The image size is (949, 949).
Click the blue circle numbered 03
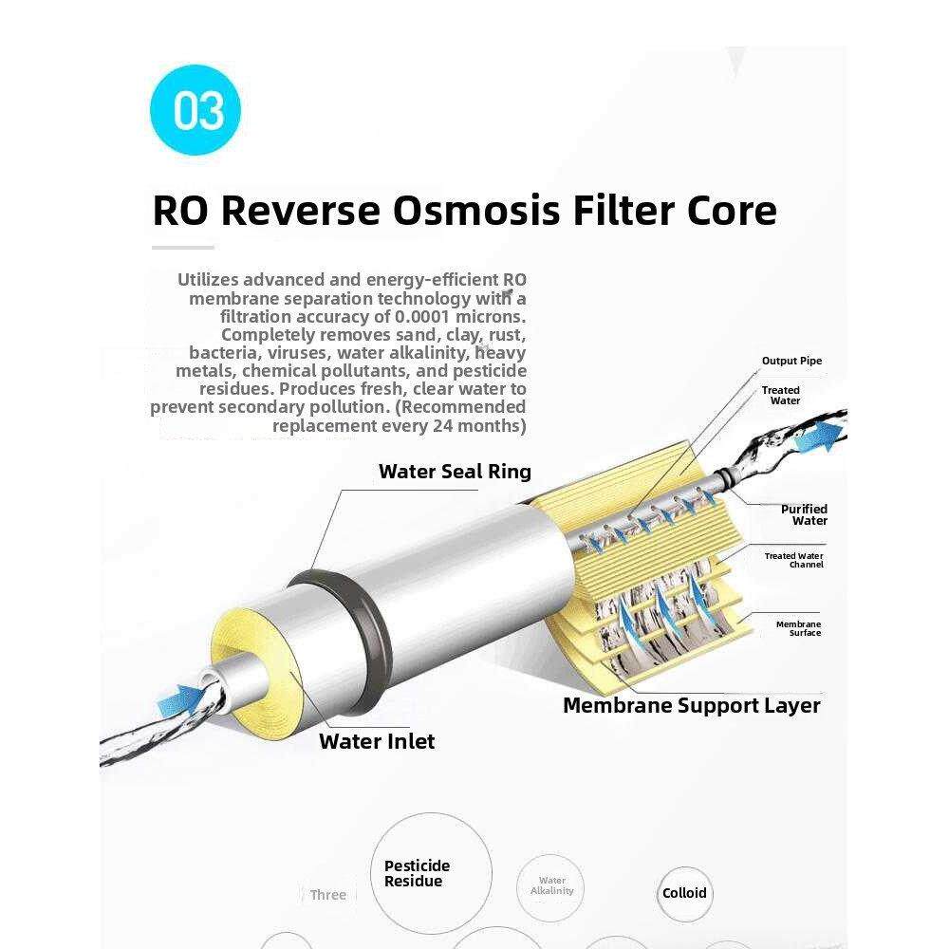(195, 109)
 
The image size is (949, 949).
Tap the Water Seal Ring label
(455, 472)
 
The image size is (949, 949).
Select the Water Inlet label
(377, 741)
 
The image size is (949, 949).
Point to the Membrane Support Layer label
(691, 705)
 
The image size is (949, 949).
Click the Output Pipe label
(791, 361)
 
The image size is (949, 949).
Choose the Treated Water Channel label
(794, 560)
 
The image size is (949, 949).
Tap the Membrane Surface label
(798, 628)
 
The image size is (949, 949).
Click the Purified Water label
(804, 514)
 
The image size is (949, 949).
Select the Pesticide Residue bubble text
(417, 873)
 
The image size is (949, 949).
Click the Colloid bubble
(684, 893)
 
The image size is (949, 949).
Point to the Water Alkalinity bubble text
(551, 885)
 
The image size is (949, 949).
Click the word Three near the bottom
(327, 895)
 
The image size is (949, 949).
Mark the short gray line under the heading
(183, 248)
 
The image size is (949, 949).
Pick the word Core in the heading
(730, 210)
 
